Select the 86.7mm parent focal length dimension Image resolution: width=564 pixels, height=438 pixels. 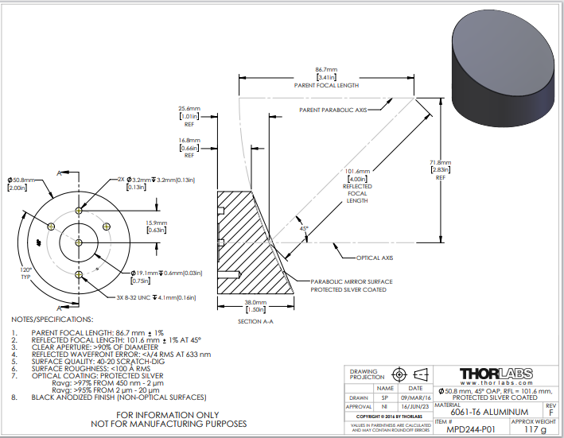[326, 72]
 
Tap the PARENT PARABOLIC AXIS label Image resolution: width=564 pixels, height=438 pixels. [333, 110]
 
